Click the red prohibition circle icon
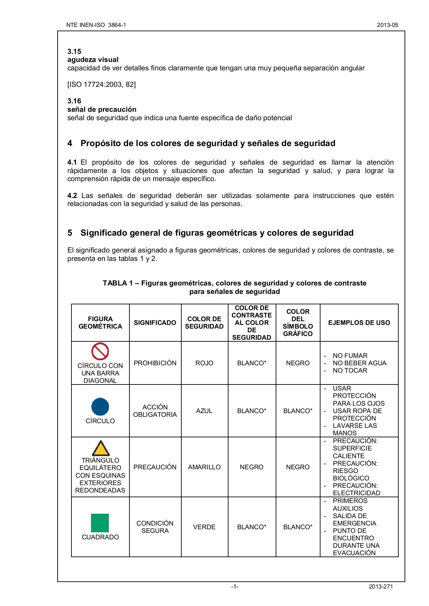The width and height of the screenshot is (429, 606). click(100, 351)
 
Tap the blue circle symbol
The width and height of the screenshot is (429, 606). click(100, 407)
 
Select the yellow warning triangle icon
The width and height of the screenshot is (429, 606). click(100, 448)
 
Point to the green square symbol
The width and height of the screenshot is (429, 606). click(100, 523)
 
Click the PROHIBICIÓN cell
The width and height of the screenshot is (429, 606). click(155, 363)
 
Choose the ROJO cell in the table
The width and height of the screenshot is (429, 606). click(204, 363)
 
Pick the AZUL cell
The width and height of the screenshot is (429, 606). click(204, 411)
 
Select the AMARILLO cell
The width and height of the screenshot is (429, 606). click(204, 467)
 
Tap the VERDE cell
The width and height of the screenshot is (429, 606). click(204, 527)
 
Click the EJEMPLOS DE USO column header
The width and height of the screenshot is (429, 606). click(359, 323)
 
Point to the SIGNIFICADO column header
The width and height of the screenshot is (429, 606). click(155, 323)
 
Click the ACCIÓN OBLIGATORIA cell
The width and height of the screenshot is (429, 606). click(155, 411)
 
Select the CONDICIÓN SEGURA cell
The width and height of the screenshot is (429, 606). click(155, 527)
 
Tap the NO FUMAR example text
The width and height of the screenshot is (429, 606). click(350, 356)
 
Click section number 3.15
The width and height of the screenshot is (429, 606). click(74, 52)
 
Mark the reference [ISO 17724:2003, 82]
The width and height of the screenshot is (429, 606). click(101, 85)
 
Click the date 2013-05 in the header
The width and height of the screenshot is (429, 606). click(387, 25)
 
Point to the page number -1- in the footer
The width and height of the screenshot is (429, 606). click(235, 587)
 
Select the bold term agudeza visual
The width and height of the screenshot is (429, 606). click(93, 60)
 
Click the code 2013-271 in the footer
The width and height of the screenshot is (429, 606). click(381, 587)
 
